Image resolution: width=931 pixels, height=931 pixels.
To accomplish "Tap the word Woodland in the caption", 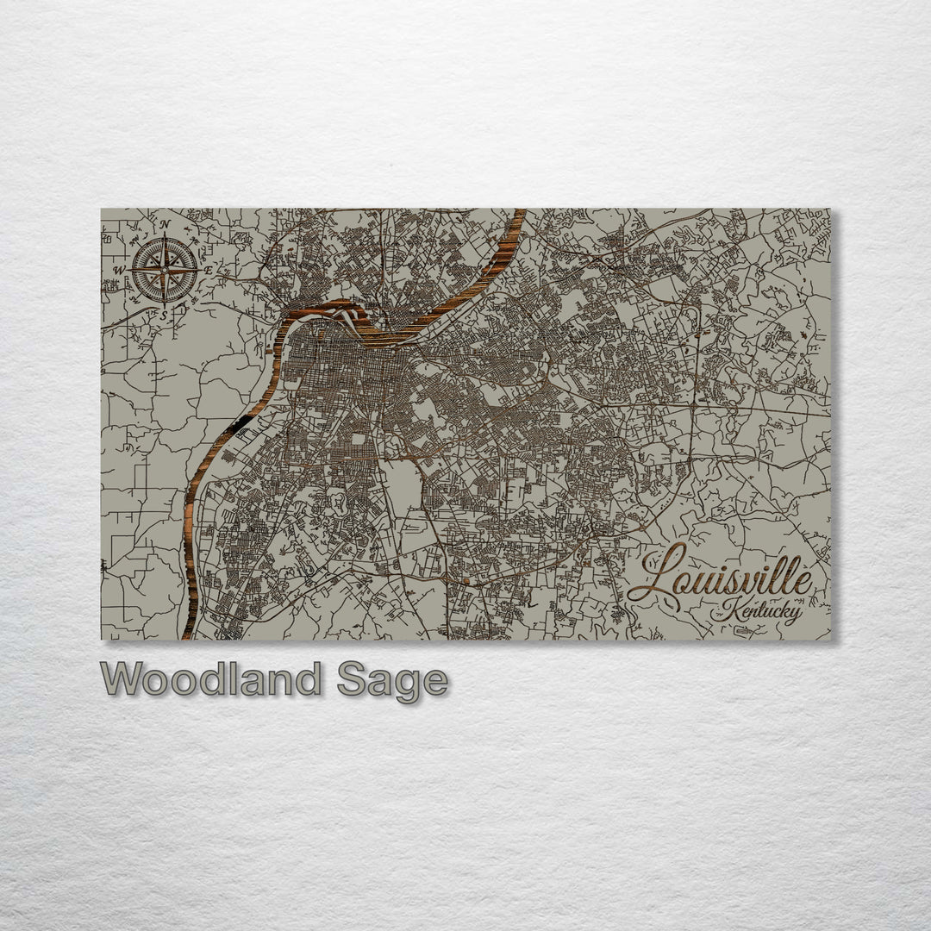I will pos(211,680).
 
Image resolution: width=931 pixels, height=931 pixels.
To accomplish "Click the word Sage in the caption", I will pos(392,681).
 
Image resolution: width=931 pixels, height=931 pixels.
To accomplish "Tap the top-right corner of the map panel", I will pos(831,209).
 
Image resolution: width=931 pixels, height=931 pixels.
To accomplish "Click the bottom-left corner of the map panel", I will pos(102,639).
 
